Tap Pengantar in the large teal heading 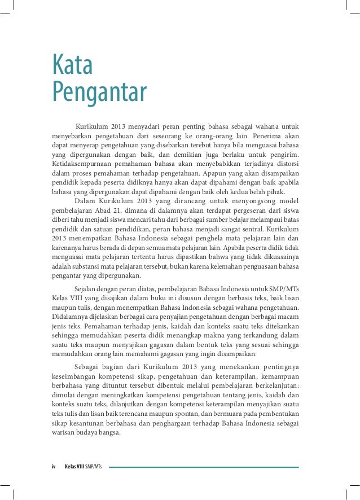[x=99, y=91]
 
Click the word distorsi [x=287, y=164]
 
